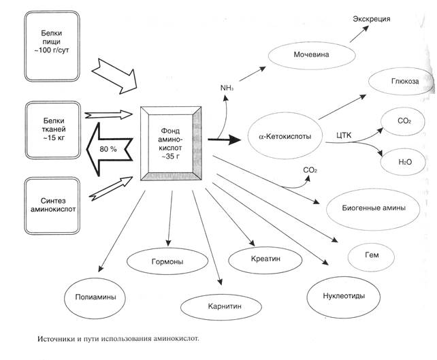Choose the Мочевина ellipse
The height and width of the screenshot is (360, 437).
point(312,54)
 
